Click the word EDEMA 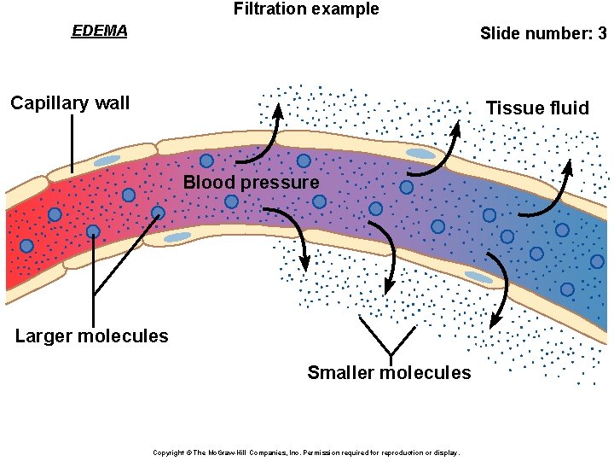click(99, 32)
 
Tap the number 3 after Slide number click(602, 34)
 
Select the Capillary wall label click(70, 103)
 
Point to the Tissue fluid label click(536, 108)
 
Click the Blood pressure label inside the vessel click(251, 182)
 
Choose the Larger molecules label click(91, 336)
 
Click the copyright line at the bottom click(305, 452)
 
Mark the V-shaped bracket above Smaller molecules click(390, 336)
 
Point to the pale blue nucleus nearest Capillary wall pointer click(107, 160)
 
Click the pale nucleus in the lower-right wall click(478, 277)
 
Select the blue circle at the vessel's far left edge click(26, 246)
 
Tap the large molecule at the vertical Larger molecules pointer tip click(93, 231)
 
